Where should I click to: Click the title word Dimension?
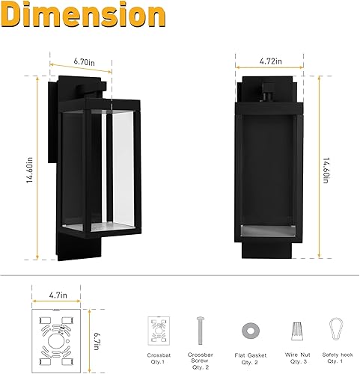click(83, 16)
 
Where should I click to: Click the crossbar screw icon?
click(200, 329)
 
